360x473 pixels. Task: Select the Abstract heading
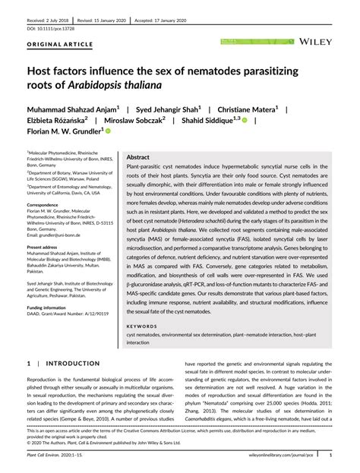point(142,156)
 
